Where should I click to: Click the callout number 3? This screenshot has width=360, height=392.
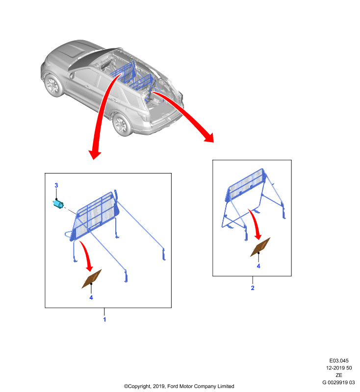tap(56, 185)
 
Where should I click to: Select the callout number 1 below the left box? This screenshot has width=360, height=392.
tap(104, 319)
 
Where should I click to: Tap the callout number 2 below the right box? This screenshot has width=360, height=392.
tap(253, 288)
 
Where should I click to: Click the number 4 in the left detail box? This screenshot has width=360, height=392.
tap(91, 297)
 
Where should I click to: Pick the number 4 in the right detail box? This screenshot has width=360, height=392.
tap(258, 266)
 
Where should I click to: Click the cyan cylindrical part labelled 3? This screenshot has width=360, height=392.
tap(58, 204)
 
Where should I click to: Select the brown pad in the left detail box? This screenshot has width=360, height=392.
tap(92, 279)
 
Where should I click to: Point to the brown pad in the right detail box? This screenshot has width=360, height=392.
tap(260, 247)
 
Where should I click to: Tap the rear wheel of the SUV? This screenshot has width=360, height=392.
tap(122, 124)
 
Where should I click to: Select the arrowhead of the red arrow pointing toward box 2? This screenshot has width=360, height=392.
tap(209, 137)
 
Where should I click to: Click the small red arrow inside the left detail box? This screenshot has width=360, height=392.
tap(86, 256)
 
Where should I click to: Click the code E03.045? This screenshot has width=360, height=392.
tap(339, 361)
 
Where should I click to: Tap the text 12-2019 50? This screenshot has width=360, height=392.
tap(339, 368)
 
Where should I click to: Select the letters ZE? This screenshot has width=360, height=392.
tap(339, 375)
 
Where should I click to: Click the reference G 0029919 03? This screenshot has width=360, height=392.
tap(338, 382)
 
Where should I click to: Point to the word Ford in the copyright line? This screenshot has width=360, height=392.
tap(173, 386)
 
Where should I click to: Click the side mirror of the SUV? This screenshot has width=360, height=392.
tap(72, 75)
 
